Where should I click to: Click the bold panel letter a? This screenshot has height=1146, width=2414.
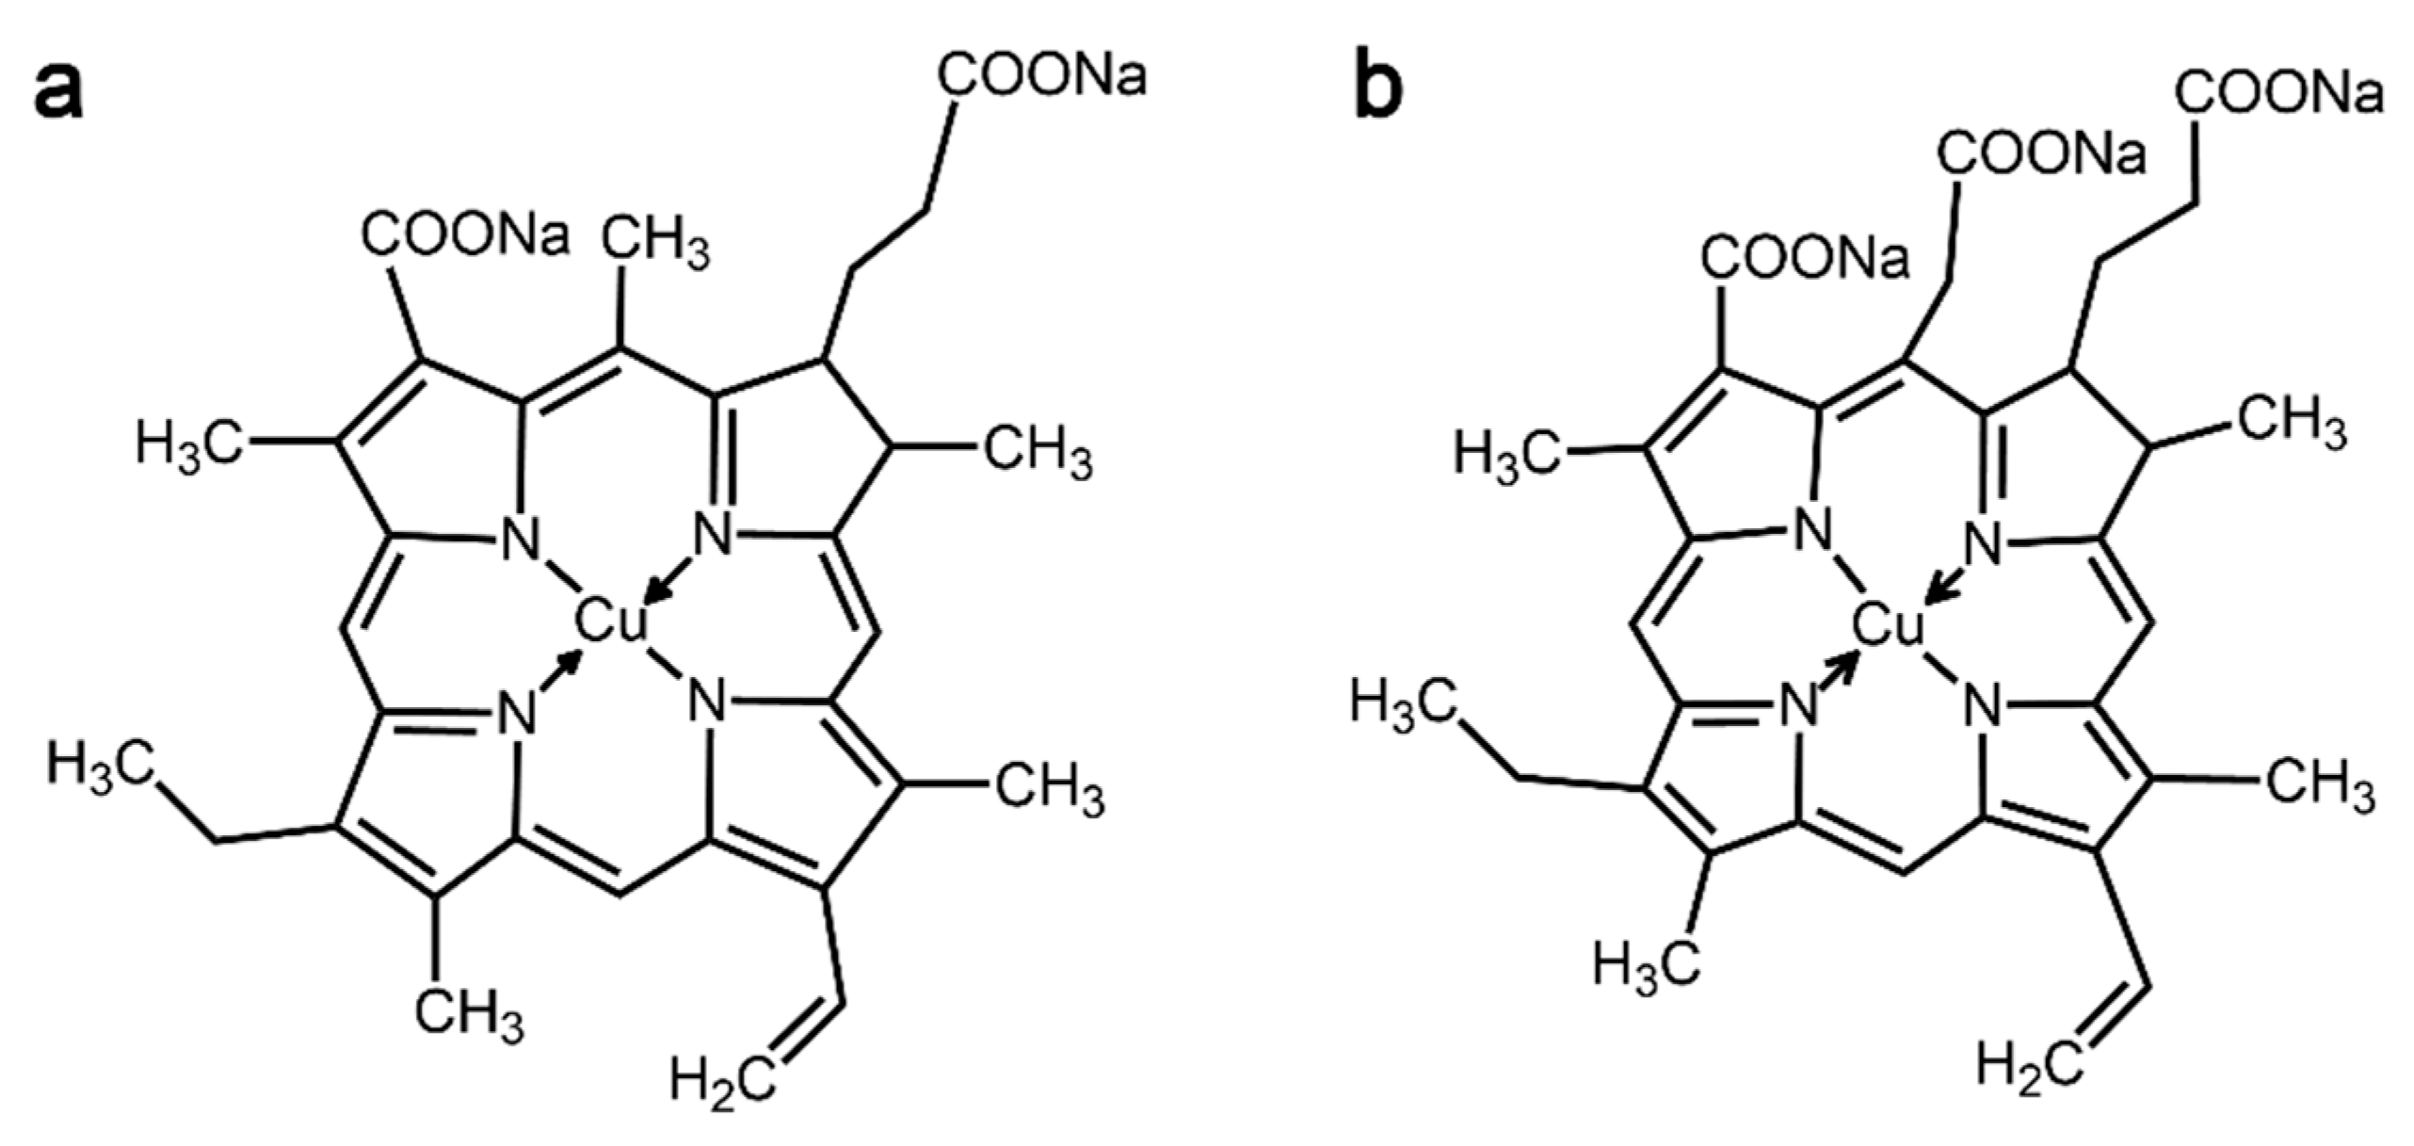(x=58, y=91)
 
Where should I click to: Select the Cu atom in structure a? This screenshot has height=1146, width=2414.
(x=611, y=622)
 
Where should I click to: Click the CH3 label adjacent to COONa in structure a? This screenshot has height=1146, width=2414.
(x=655, y=243)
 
